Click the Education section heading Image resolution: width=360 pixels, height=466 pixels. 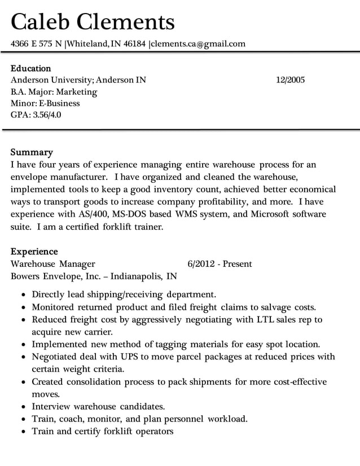point(31,68)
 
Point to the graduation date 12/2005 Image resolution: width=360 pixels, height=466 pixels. point(290,80)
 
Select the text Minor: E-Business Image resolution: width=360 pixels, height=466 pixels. point(45,103)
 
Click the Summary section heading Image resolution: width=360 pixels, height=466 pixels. point(32,152)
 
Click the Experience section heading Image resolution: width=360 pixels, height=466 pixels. point(34,252)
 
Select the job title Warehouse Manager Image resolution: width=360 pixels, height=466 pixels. point(53,264)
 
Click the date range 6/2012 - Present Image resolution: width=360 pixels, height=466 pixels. point(219,264)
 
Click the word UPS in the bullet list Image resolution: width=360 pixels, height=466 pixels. point(127,357)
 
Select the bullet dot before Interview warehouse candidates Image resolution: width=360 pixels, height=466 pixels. point(21,407)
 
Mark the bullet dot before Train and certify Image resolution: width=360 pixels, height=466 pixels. point(21,432)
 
